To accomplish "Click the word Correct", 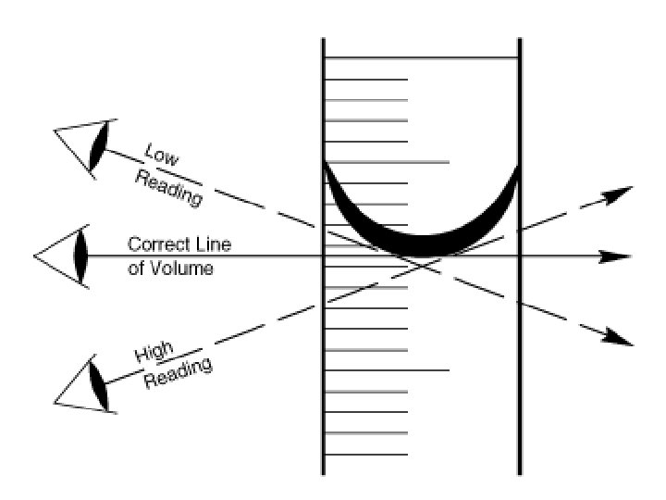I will (162, 244).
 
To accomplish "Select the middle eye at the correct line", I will (80, 256).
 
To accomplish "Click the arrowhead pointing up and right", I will (618, 194).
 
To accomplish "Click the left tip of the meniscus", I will (326, 167).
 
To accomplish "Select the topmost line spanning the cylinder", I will (421, 58).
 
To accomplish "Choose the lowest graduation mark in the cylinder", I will (365, 454).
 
